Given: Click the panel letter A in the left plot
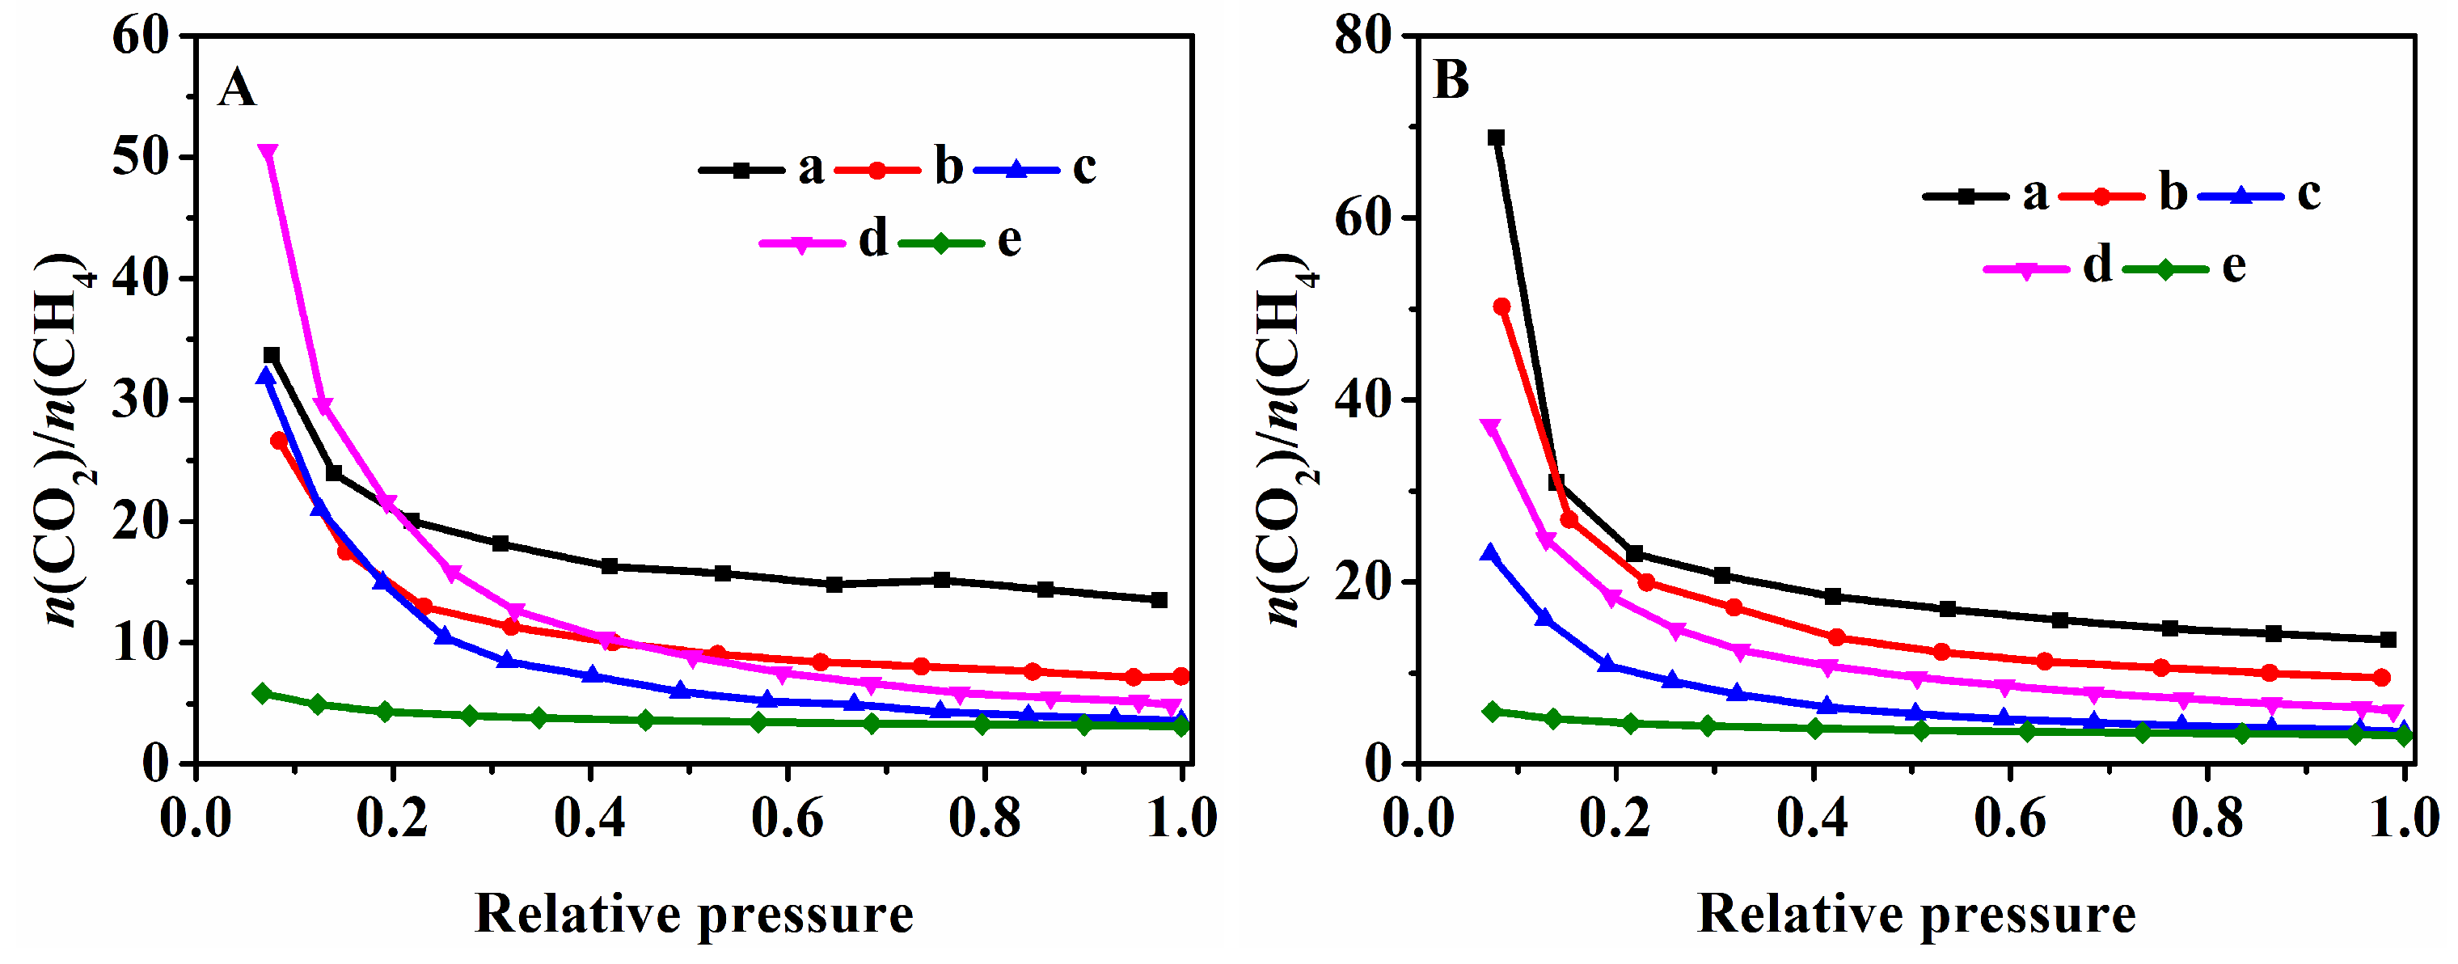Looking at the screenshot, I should pos(237,89).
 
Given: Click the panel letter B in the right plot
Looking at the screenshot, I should pos(1451,80).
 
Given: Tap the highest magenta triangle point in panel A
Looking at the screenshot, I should pos(268,153).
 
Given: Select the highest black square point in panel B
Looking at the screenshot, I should pos(1496,137).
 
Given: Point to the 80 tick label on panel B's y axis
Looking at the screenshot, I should pos(1362,37).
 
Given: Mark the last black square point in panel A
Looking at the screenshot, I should pos(1159,600).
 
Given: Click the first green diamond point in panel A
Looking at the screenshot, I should pos(263,693).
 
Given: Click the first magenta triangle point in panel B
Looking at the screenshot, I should pos(1490,427).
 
